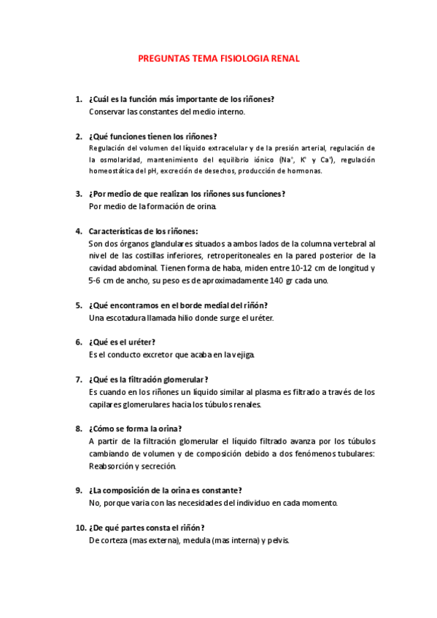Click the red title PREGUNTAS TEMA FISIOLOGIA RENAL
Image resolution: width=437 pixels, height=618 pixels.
(x=219, y=59)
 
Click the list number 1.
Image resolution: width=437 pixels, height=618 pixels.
(x=78, y=99)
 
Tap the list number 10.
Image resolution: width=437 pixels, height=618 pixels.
(x=80, y=527)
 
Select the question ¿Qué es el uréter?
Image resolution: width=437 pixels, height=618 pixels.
(x=122, y=342)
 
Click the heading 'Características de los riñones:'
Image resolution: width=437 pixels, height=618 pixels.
(x=142, y=231)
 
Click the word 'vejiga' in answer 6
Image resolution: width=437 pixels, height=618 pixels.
(x=241, y=355)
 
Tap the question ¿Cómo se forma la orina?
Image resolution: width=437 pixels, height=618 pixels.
(x=135, y=429)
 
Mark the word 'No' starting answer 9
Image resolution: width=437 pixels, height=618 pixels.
(x=93, y=503)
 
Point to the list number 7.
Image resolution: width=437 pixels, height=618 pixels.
(x=78, y=379)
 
